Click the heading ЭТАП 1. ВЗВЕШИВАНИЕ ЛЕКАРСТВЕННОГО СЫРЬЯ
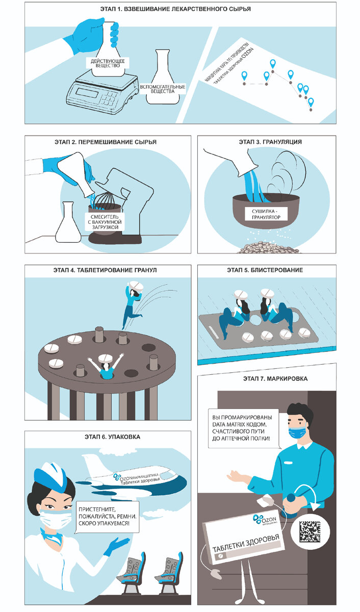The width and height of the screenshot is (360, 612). click(x=175, y=9)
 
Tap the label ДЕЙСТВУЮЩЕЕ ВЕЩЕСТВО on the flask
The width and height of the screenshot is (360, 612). click(x=108, y=63)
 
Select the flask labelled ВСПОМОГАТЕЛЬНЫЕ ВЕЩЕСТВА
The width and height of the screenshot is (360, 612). click(x=163, y=77)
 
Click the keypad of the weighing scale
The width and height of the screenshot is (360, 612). click(x=109, y=97)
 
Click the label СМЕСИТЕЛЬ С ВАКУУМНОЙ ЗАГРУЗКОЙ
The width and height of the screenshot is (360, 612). click(x=105, y=222)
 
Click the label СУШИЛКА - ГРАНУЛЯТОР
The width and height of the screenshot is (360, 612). click(x=266, y=214)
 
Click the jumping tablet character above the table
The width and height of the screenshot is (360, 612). click(x=133, y=303)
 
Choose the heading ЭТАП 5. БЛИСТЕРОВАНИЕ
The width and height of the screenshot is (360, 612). click(x=265, y=270)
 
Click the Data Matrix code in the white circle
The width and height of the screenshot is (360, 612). click(x=310, y=531)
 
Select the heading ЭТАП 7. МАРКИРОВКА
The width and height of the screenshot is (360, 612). click(x=275, y=378)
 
